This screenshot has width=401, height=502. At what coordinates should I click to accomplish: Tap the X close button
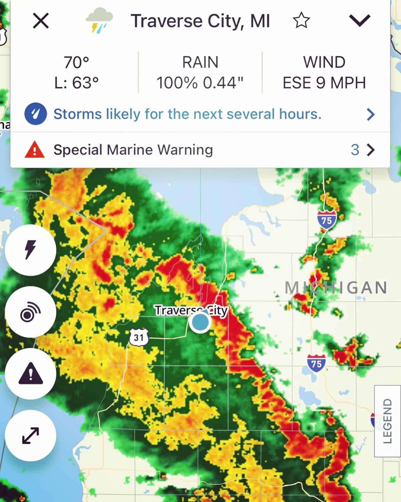click(41, 21)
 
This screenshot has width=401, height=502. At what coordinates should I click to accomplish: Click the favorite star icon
click(301, 21)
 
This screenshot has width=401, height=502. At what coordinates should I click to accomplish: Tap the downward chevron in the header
click(360, 20)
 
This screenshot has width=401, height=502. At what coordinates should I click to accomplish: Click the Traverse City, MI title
click(200, 21)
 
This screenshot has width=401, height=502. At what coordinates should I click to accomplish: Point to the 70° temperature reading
click(76, 62)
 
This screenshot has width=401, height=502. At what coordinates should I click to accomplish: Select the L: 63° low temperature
click(76, 83)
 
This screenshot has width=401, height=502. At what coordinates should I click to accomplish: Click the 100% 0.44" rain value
click(200, 83)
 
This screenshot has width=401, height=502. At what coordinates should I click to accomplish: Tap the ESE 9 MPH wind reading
click(324, 83)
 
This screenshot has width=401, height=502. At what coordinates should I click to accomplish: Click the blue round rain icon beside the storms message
click(35, 114)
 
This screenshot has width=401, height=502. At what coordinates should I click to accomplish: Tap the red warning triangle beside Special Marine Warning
click(35, 150)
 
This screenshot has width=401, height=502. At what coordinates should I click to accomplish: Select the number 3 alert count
click(355, 150)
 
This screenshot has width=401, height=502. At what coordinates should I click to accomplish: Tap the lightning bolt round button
click(30, 250)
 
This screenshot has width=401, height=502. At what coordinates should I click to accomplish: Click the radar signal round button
click(30, 312)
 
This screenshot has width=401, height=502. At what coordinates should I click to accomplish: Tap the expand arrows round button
click(30, 436)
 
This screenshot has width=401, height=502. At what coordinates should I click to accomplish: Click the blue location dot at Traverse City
click(200, 322)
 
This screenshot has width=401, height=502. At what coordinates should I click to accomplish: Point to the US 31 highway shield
click(139, 337)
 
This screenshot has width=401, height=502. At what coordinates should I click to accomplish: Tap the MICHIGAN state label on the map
click(336, 288)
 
